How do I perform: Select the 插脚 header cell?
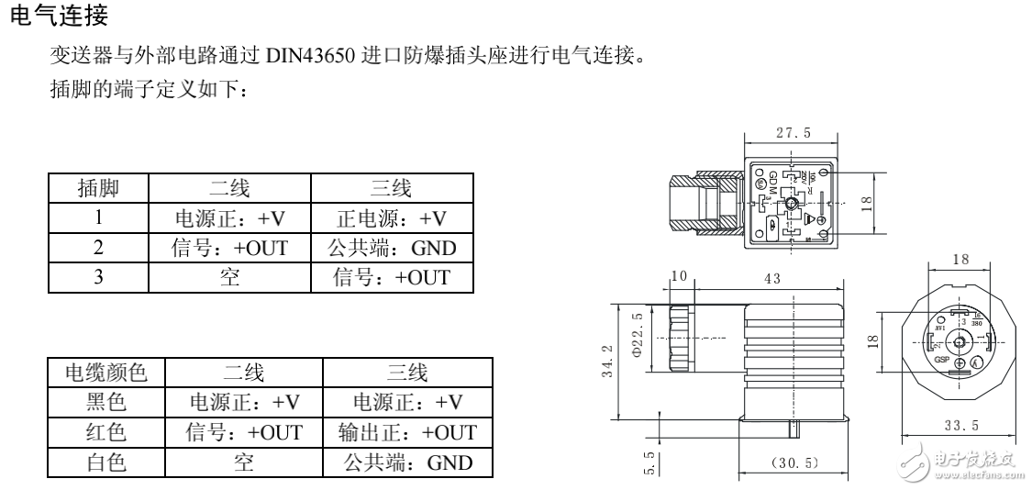click(x=97, y=190)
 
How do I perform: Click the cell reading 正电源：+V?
click(x=393, y=218)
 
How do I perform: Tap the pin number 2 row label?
click(x=97, y=248)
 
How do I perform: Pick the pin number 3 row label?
click(x=97, y=277)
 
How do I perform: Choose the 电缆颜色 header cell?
click(x=105, y=373)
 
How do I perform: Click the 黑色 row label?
click(x=105, y=403)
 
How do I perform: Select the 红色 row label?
click(x=105, y=432)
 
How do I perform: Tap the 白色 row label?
click(x=105, y=462)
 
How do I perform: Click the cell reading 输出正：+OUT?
click(x=407, y=432)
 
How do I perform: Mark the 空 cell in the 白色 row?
click(x=243, y=462)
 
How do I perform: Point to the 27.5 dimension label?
click(x=793, y=133)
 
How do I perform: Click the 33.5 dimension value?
click(x=960, y=425)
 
